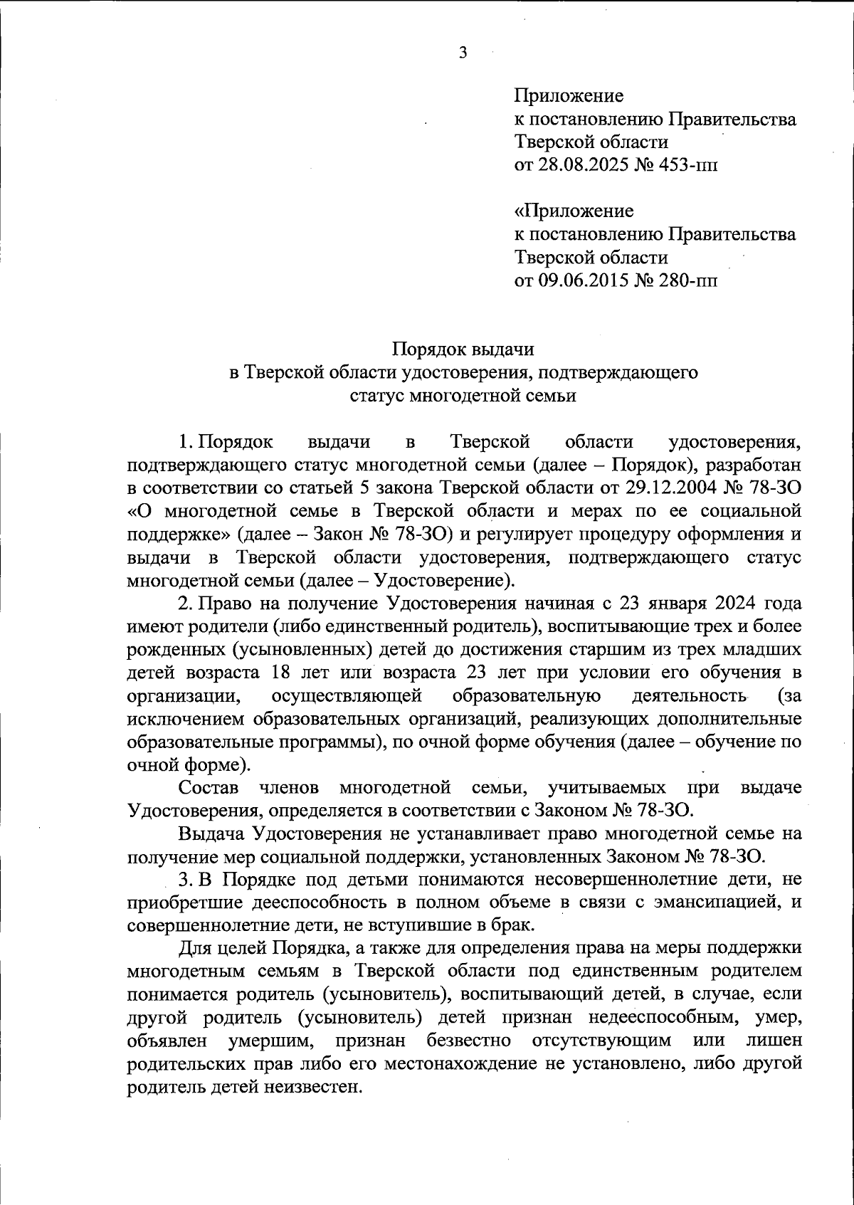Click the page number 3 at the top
(463, 53)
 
